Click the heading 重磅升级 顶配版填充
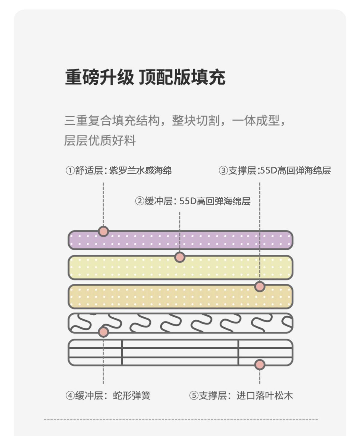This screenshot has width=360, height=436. coord(145,77)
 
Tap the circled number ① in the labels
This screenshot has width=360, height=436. coord(70,171)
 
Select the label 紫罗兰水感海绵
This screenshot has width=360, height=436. coord(140,171)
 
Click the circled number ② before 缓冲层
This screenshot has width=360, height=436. coord(139,201)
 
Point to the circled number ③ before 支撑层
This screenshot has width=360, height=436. coord(223,171)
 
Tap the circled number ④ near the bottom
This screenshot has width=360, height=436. coord(70,396)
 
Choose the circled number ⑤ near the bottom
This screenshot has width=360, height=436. coord(193,396)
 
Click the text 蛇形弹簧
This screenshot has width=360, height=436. coord(131,396)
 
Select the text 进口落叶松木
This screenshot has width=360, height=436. coord(265,396)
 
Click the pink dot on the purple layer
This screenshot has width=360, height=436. coord(103,231)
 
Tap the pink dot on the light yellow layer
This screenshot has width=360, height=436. coord(180,257)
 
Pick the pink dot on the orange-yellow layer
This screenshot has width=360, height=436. coord(259,286)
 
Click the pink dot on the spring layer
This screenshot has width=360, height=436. coord(103,332)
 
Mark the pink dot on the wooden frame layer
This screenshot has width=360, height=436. coord(259,365)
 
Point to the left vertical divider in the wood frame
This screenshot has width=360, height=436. coord(122,352)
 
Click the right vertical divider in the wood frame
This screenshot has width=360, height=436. coord(238,352)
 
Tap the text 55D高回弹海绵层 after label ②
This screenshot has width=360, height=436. coord(215,201)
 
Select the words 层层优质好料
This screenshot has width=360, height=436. coord(100,140)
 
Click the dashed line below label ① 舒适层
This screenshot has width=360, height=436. coord(103,204)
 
